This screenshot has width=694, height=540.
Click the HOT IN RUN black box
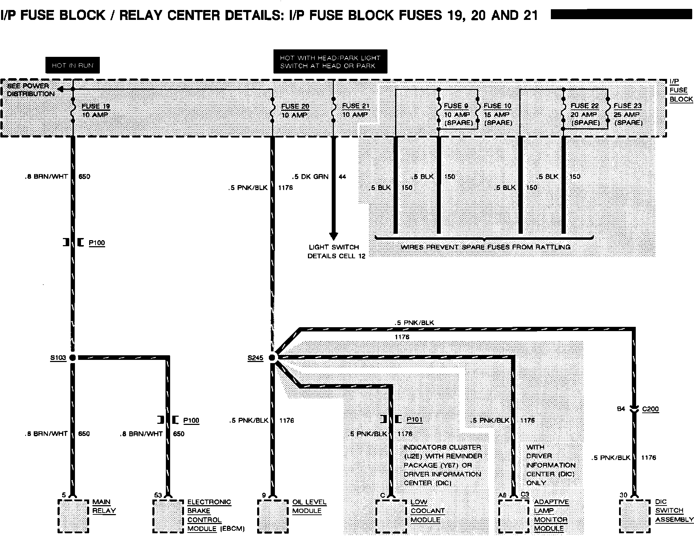pos(72,65)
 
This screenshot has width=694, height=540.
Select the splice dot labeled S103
pos(72,357)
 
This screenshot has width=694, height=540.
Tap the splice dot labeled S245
pos(272,357)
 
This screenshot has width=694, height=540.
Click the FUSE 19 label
pos(96,106)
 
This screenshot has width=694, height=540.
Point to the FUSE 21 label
pos(356,106)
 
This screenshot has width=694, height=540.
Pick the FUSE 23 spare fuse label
pos(628,106)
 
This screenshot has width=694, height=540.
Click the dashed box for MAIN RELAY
pos(73,516)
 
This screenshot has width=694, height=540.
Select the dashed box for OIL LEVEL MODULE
pos(273,516)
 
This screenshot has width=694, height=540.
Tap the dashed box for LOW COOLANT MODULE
pos(391,516)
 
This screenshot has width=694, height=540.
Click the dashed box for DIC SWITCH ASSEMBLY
pos(635,516)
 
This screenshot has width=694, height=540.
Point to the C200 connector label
pos(650,409)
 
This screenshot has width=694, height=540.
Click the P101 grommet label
pos(414,420)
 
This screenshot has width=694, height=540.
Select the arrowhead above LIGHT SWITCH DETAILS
pos(333,236)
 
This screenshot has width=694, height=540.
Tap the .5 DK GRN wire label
pos(310,177)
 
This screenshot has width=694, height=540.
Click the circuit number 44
pos(342,177)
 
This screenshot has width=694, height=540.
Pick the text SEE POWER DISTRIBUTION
pos(30,90)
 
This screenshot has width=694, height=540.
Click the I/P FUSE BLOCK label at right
pos(681,90)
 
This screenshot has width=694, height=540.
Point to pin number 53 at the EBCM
pos(158,495)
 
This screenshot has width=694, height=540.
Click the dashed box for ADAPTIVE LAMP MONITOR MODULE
pos(514,516)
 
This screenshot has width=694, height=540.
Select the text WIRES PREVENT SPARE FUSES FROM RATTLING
pos(485,247)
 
